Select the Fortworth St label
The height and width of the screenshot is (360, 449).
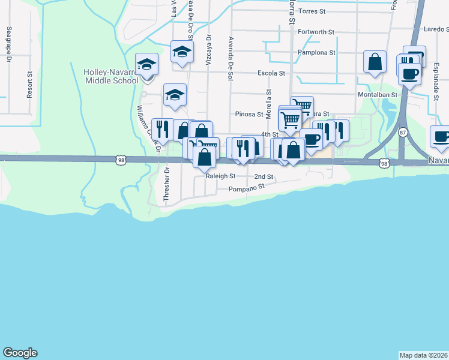(x=316, y=31)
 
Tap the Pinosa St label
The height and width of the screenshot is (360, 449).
(x=249, y=114)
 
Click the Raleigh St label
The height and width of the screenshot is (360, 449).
(x=220, y=176)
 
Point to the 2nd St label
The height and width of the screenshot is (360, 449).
(x=264, y=177)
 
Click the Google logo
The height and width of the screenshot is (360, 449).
(x=20, y=353)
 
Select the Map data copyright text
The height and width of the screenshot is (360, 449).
(x=424, y=355)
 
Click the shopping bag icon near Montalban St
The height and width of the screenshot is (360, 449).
(x=375, y=62)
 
